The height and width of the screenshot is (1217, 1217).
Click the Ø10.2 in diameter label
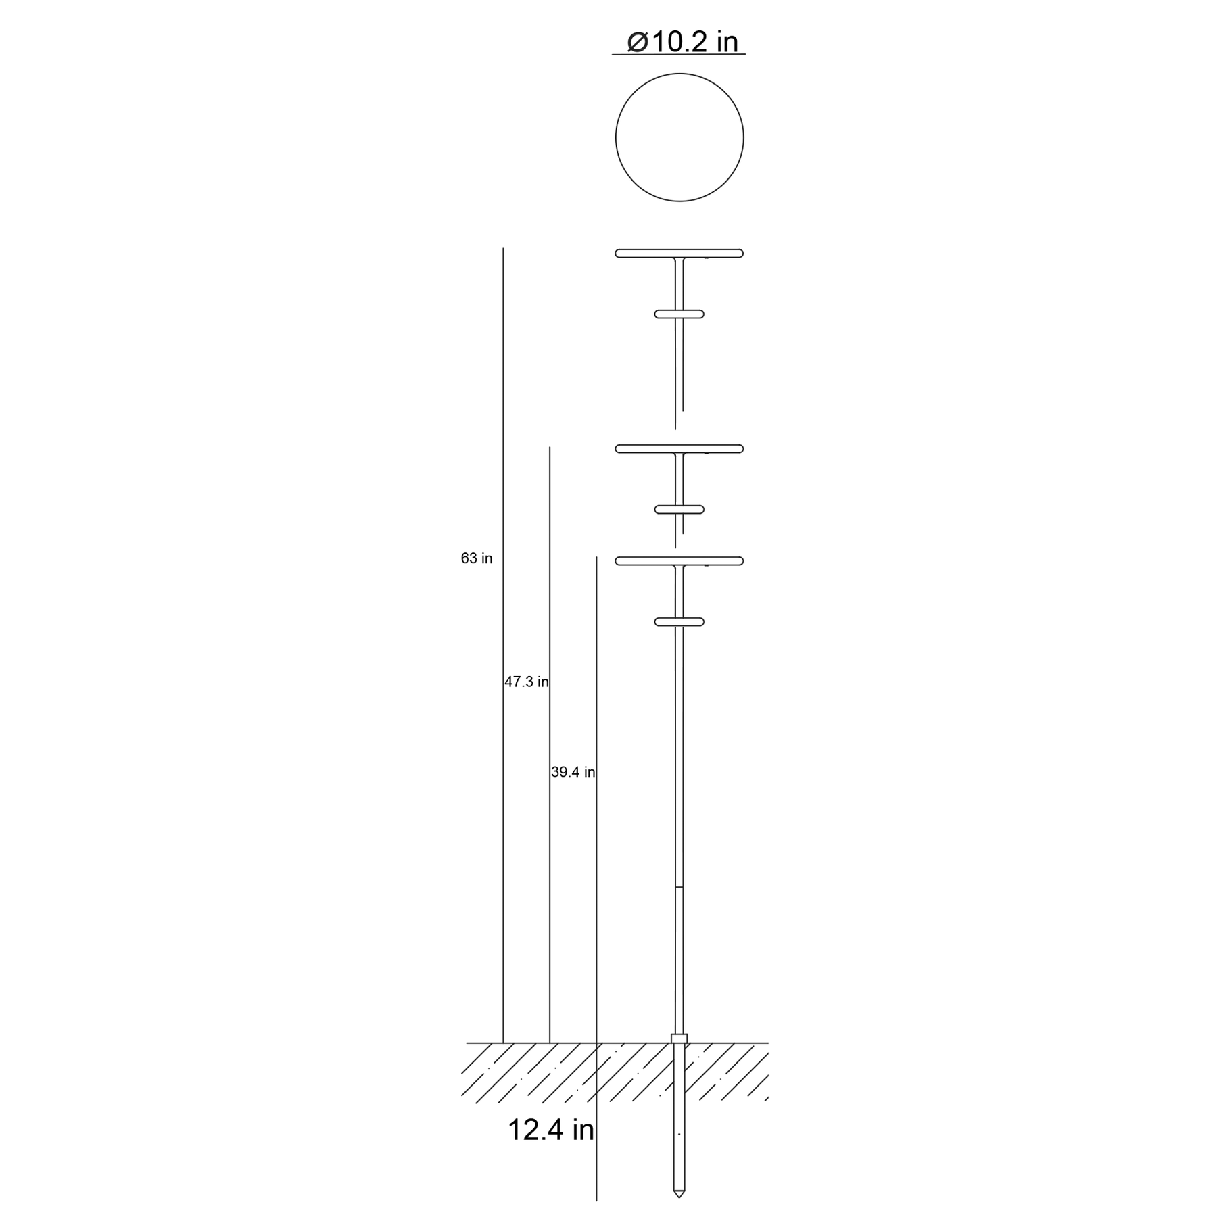tap(683, 42)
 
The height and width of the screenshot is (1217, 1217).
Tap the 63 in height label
tap(477, 558)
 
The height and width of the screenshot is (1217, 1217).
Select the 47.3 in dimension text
tap(527, 682)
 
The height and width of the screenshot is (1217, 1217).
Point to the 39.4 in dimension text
tap(573, 772)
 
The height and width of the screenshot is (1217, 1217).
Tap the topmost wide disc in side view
tap(679, 254)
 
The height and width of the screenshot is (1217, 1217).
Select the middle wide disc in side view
tap(679, 448)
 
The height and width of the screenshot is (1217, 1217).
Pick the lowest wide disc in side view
tap(679, 560)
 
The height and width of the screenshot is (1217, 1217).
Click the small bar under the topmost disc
tap(679, 314)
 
